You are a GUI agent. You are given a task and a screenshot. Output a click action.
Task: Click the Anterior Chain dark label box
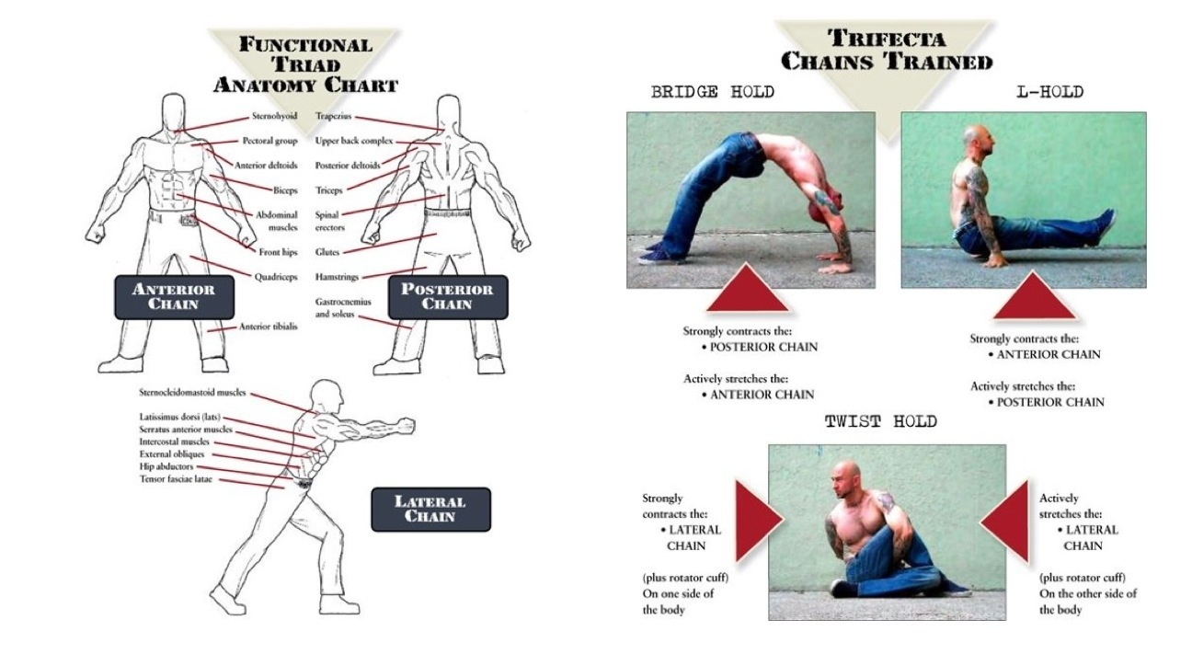click(x=174, y=296)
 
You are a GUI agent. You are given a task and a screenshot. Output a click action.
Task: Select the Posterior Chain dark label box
click(x=447, y=296)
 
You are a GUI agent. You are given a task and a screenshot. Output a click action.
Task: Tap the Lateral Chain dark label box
click(x=430, y=509)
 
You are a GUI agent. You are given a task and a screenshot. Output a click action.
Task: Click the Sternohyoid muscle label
click(x=274, y=117)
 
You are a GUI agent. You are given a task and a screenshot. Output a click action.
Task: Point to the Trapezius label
click(x=329, y=117)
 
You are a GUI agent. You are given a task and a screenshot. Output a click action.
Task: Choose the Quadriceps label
click(x=275, y=275)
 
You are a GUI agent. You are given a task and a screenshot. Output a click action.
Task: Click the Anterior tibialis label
click(x=268, y=326)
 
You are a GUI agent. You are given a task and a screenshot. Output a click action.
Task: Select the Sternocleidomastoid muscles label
click(x=193, y=392)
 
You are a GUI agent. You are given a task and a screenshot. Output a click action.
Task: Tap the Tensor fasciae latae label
click(x=176, y=479)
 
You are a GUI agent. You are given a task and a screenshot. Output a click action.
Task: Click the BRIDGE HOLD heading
click(x=712, y=92)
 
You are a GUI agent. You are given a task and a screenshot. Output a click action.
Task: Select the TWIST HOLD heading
click(x=880, y=422)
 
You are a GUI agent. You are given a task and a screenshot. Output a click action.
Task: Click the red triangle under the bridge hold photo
click(x=747, y=289)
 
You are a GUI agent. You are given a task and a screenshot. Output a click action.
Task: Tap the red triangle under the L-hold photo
click(x=1035, y=296)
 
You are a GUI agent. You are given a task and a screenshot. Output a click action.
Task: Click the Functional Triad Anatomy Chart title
click(x=304, y=64)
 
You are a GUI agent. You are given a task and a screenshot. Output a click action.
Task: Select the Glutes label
click(x=327, y=250)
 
